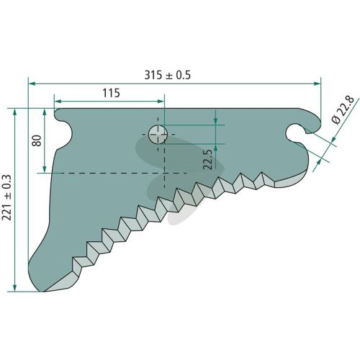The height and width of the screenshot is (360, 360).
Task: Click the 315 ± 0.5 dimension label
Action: (x=167, y=75)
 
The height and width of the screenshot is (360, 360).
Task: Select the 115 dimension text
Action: (x=111, y=93)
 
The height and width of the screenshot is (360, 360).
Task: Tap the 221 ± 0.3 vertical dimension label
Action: (x=6, y=197)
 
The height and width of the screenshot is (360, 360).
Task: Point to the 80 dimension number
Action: (x=37, y=140)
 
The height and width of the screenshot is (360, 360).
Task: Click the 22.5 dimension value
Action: (x=207, y=160)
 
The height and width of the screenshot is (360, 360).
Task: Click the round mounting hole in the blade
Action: (x=158, y=135)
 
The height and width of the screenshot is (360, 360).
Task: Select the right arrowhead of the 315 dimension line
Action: (x=318, y=84)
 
